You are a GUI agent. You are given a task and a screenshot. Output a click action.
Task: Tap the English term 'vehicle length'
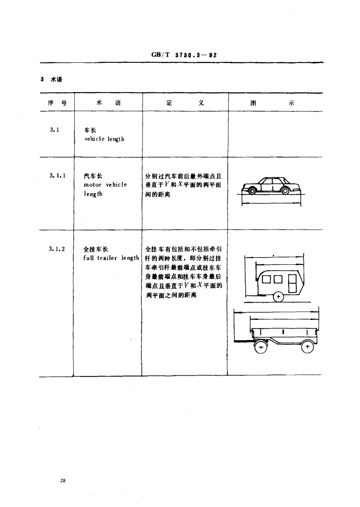pos(104,139)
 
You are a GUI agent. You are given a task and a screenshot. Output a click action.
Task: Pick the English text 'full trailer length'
pos(111,258)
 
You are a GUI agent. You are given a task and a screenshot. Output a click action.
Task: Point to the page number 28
pos(62,481)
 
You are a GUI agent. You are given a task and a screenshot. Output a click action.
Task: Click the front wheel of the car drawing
pos(252,190)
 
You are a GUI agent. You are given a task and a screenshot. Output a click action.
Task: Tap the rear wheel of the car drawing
pos(285,190)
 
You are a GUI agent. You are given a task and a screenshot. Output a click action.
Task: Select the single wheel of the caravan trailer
pos(279,297)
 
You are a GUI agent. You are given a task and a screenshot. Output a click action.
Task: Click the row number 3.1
pos(55,130)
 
